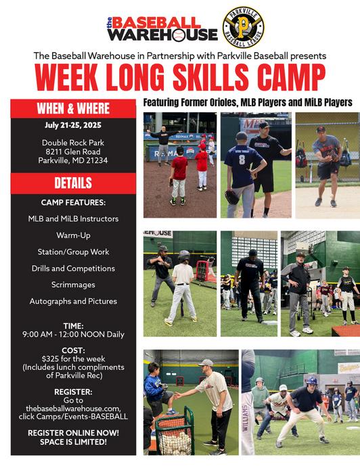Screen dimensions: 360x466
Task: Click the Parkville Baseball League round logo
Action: pos(243,27)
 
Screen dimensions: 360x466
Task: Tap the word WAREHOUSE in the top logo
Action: pos(162,34)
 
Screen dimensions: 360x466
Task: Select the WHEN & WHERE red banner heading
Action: pos(73,108)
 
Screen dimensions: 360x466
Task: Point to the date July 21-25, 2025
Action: pos(73,125)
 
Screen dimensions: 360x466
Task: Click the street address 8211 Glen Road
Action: pos(73,152)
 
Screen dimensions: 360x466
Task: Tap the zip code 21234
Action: pos(97,160)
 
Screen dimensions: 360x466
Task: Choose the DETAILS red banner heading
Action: pos(73,183)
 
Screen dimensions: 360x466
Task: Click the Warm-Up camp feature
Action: pos(74,235)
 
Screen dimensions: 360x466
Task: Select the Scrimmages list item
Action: pos(73,285)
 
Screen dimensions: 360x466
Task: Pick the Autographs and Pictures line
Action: pos(73,302)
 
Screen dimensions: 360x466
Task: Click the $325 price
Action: pos(50,358)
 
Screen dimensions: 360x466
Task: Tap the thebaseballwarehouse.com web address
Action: pos(73,408)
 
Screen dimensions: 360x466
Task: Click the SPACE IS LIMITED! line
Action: pos(73,442)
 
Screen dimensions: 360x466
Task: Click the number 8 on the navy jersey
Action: pos(242,160)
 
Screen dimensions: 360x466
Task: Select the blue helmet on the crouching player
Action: pos(311,381)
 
